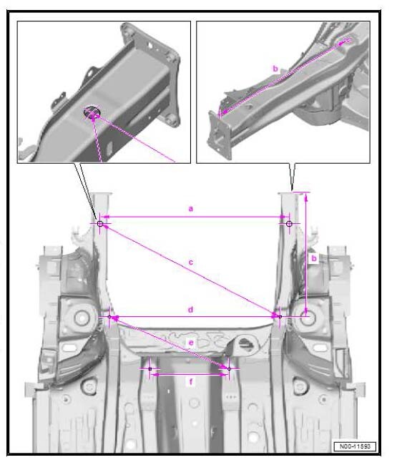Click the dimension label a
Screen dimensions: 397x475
point(190,209)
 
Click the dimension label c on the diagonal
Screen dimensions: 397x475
point(190,262)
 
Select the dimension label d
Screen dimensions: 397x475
point(190,310)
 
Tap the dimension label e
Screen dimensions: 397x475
point(191,343)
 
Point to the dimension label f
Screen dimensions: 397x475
point(191,382)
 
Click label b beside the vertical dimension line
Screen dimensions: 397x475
point(314,258)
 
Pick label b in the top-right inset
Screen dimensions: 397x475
point(275,69)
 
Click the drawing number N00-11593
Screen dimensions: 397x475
point(355,446)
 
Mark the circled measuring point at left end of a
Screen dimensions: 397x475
point(100,224)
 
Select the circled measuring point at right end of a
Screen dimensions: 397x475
point(289,224)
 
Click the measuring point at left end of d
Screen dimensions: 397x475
point(109,317)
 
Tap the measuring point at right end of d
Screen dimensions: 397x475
point(280,317)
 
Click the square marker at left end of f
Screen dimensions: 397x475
point(150,369)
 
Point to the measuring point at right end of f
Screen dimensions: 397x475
point(229,369)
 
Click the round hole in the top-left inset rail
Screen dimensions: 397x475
point(92,112)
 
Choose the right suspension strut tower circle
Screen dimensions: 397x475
point(308,318)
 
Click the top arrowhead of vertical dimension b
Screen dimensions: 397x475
point(306,197)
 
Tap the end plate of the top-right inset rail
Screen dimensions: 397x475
point(220,134)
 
